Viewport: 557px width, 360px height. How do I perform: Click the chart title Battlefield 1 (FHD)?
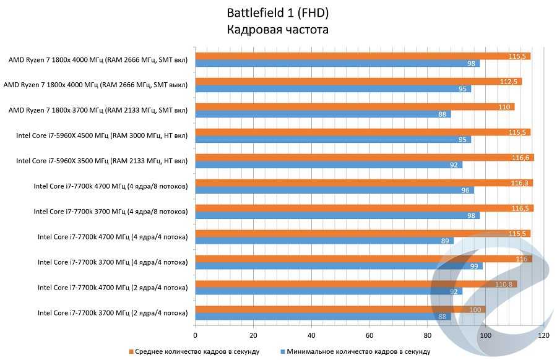coord(278,13)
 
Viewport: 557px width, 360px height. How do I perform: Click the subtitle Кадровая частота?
coord(278,30)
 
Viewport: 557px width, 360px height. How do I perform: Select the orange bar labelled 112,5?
coord(358,82)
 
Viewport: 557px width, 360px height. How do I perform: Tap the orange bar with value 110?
coord(355,107)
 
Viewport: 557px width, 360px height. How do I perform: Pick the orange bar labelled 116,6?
coord(365,158)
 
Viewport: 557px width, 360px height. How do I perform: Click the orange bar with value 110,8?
coord(356,284)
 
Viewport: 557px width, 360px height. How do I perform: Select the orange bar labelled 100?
coord(340,309)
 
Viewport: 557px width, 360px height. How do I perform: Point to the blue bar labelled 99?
coord(339,266)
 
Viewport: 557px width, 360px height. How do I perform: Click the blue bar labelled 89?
coord(324,241)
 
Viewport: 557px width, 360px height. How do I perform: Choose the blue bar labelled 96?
coord(334,190)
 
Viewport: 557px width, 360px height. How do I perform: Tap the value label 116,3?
coord(521,183)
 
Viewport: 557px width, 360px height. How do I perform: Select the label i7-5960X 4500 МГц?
coord(101,136)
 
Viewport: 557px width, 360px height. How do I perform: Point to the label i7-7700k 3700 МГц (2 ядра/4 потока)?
coord(112,313)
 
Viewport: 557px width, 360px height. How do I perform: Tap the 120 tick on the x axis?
coord(543,335)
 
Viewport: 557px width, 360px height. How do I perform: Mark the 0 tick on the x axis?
coord(196,335)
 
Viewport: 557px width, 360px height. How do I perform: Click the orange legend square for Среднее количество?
coord(131,351)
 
